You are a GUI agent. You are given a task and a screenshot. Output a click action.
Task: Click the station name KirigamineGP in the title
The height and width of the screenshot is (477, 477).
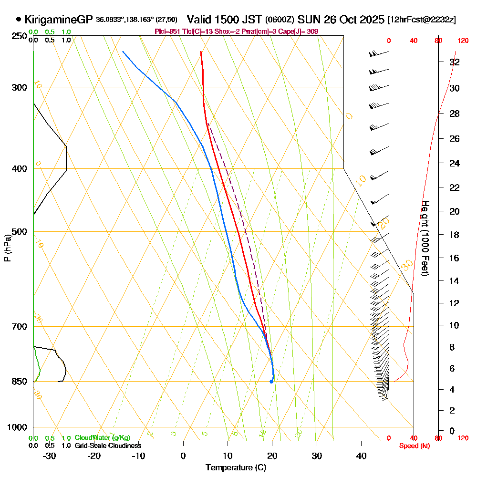[x=59, y=20]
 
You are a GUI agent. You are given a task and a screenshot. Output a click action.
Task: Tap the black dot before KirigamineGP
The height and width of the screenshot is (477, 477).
[x=19, y=20]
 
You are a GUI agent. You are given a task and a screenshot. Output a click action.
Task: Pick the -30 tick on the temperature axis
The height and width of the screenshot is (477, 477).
[x=50, y=456]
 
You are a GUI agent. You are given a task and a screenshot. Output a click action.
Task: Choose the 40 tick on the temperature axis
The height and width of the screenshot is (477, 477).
[x=362, y=456]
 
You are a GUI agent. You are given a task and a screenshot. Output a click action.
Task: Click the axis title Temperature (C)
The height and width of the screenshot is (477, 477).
[x=236, y=467]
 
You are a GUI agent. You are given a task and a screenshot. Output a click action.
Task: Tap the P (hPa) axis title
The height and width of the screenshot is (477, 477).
[x=7, y=248]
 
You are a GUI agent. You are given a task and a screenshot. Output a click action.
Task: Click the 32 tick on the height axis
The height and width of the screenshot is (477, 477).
[x=454, y=62]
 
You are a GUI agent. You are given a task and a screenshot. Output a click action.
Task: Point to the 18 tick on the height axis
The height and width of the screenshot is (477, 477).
[x=454, y=235]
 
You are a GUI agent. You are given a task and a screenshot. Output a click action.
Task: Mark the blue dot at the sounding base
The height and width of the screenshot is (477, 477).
[x=271, y=382]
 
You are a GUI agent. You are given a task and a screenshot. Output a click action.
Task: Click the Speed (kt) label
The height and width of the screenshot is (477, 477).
[x=415, y=446]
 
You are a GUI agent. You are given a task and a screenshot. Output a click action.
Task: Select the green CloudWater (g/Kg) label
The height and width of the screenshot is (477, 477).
[x=102, y=438]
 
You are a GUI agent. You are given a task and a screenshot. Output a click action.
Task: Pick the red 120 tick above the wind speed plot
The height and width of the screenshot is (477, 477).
[x=463, y=41]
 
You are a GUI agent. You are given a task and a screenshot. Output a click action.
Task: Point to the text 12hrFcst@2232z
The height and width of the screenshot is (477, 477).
[x=422, y=20]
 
